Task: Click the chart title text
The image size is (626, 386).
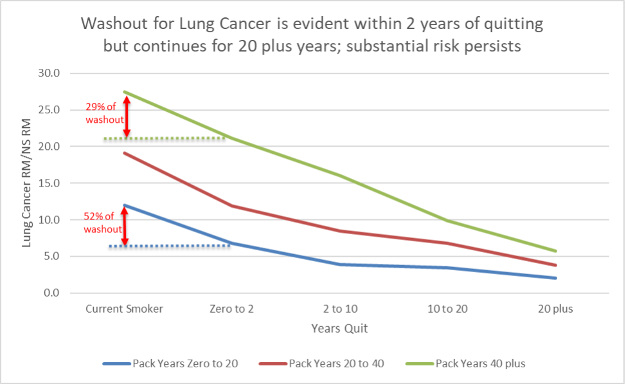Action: coord(312,36)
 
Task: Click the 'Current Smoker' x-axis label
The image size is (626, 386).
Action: coord(125,309)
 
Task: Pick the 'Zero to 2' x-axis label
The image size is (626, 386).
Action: coord(232,309)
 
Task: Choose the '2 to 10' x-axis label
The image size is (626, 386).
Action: coord(340,309)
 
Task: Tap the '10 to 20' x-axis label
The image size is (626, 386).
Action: coord(447,309)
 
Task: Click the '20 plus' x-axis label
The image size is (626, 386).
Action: coord(555,309)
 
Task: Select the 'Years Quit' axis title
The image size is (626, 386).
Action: coord(339,329)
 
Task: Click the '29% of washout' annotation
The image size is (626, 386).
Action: coord(100,115)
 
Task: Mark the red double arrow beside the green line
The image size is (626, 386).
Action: coord(127,116)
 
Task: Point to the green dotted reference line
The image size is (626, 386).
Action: coord(164,138)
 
